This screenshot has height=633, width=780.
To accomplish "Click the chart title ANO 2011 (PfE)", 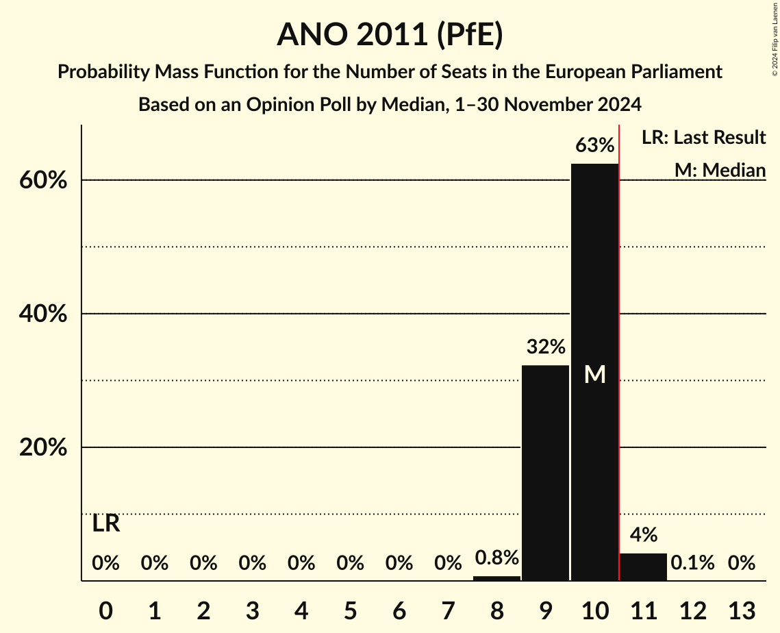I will click(x=390, y=34).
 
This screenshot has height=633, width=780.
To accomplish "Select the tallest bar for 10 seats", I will click(x=594, y=308).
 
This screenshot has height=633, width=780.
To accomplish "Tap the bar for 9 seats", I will click(x=546, y=473).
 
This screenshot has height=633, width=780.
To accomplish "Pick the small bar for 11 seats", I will click(x=643, y=567).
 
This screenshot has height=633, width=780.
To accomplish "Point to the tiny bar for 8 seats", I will click(x=496, y=578).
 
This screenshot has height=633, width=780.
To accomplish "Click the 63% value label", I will click(x=594, y=145).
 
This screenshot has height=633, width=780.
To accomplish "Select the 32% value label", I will click(x=546, y=347).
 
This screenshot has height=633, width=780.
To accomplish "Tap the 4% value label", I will click(x=644, y=535).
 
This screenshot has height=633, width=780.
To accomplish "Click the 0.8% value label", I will click(x=496, y=558).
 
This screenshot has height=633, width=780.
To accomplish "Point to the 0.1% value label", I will click(x=692, y=563).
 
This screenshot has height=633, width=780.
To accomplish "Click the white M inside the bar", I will click(x=594, y=374).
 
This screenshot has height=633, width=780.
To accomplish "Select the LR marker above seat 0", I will click(x=106, y=524).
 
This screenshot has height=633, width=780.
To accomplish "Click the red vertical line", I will click(x=619, y=343).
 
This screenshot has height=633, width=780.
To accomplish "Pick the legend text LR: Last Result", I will click(x=703, y=138).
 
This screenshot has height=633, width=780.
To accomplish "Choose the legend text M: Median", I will click(x=720, y=169).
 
